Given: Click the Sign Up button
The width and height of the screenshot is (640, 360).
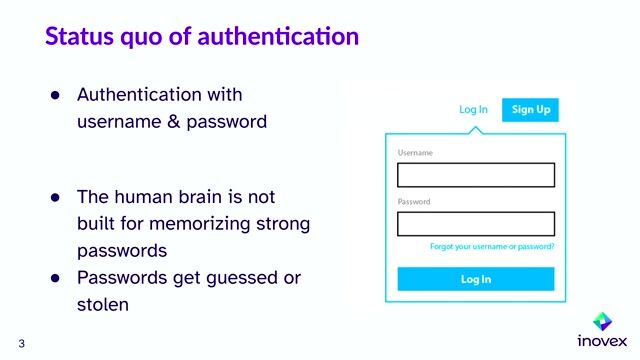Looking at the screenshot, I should tap(531, 109).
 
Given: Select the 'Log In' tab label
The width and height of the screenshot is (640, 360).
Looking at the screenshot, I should tap(474, 109).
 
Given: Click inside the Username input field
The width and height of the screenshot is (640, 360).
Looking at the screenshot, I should tap(476, 175).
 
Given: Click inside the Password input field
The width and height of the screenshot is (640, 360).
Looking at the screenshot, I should tap(476, 224).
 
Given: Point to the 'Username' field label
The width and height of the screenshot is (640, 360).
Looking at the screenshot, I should tap(415, 153).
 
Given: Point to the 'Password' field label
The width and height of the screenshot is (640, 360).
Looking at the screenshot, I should tap(414, 202).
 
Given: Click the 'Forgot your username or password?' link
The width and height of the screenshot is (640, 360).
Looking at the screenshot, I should tap(492, 246).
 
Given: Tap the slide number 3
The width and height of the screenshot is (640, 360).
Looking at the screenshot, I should tap(21, 343).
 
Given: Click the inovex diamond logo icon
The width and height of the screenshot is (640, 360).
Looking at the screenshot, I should tap(602, 321).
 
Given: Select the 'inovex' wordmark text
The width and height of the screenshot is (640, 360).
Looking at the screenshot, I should tap(602, 341).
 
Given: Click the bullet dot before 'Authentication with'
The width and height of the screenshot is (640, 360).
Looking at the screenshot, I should tap(57, 96).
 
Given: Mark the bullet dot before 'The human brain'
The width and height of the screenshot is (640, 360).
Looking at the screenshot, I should tap(57, 197).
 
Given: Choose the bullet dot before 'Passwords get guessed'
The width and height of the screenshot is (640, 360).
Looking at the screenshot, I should tap(57, 277).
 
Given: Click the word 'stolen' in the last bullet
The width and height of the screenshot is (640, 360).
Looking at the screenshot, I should tap(103, 303).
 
